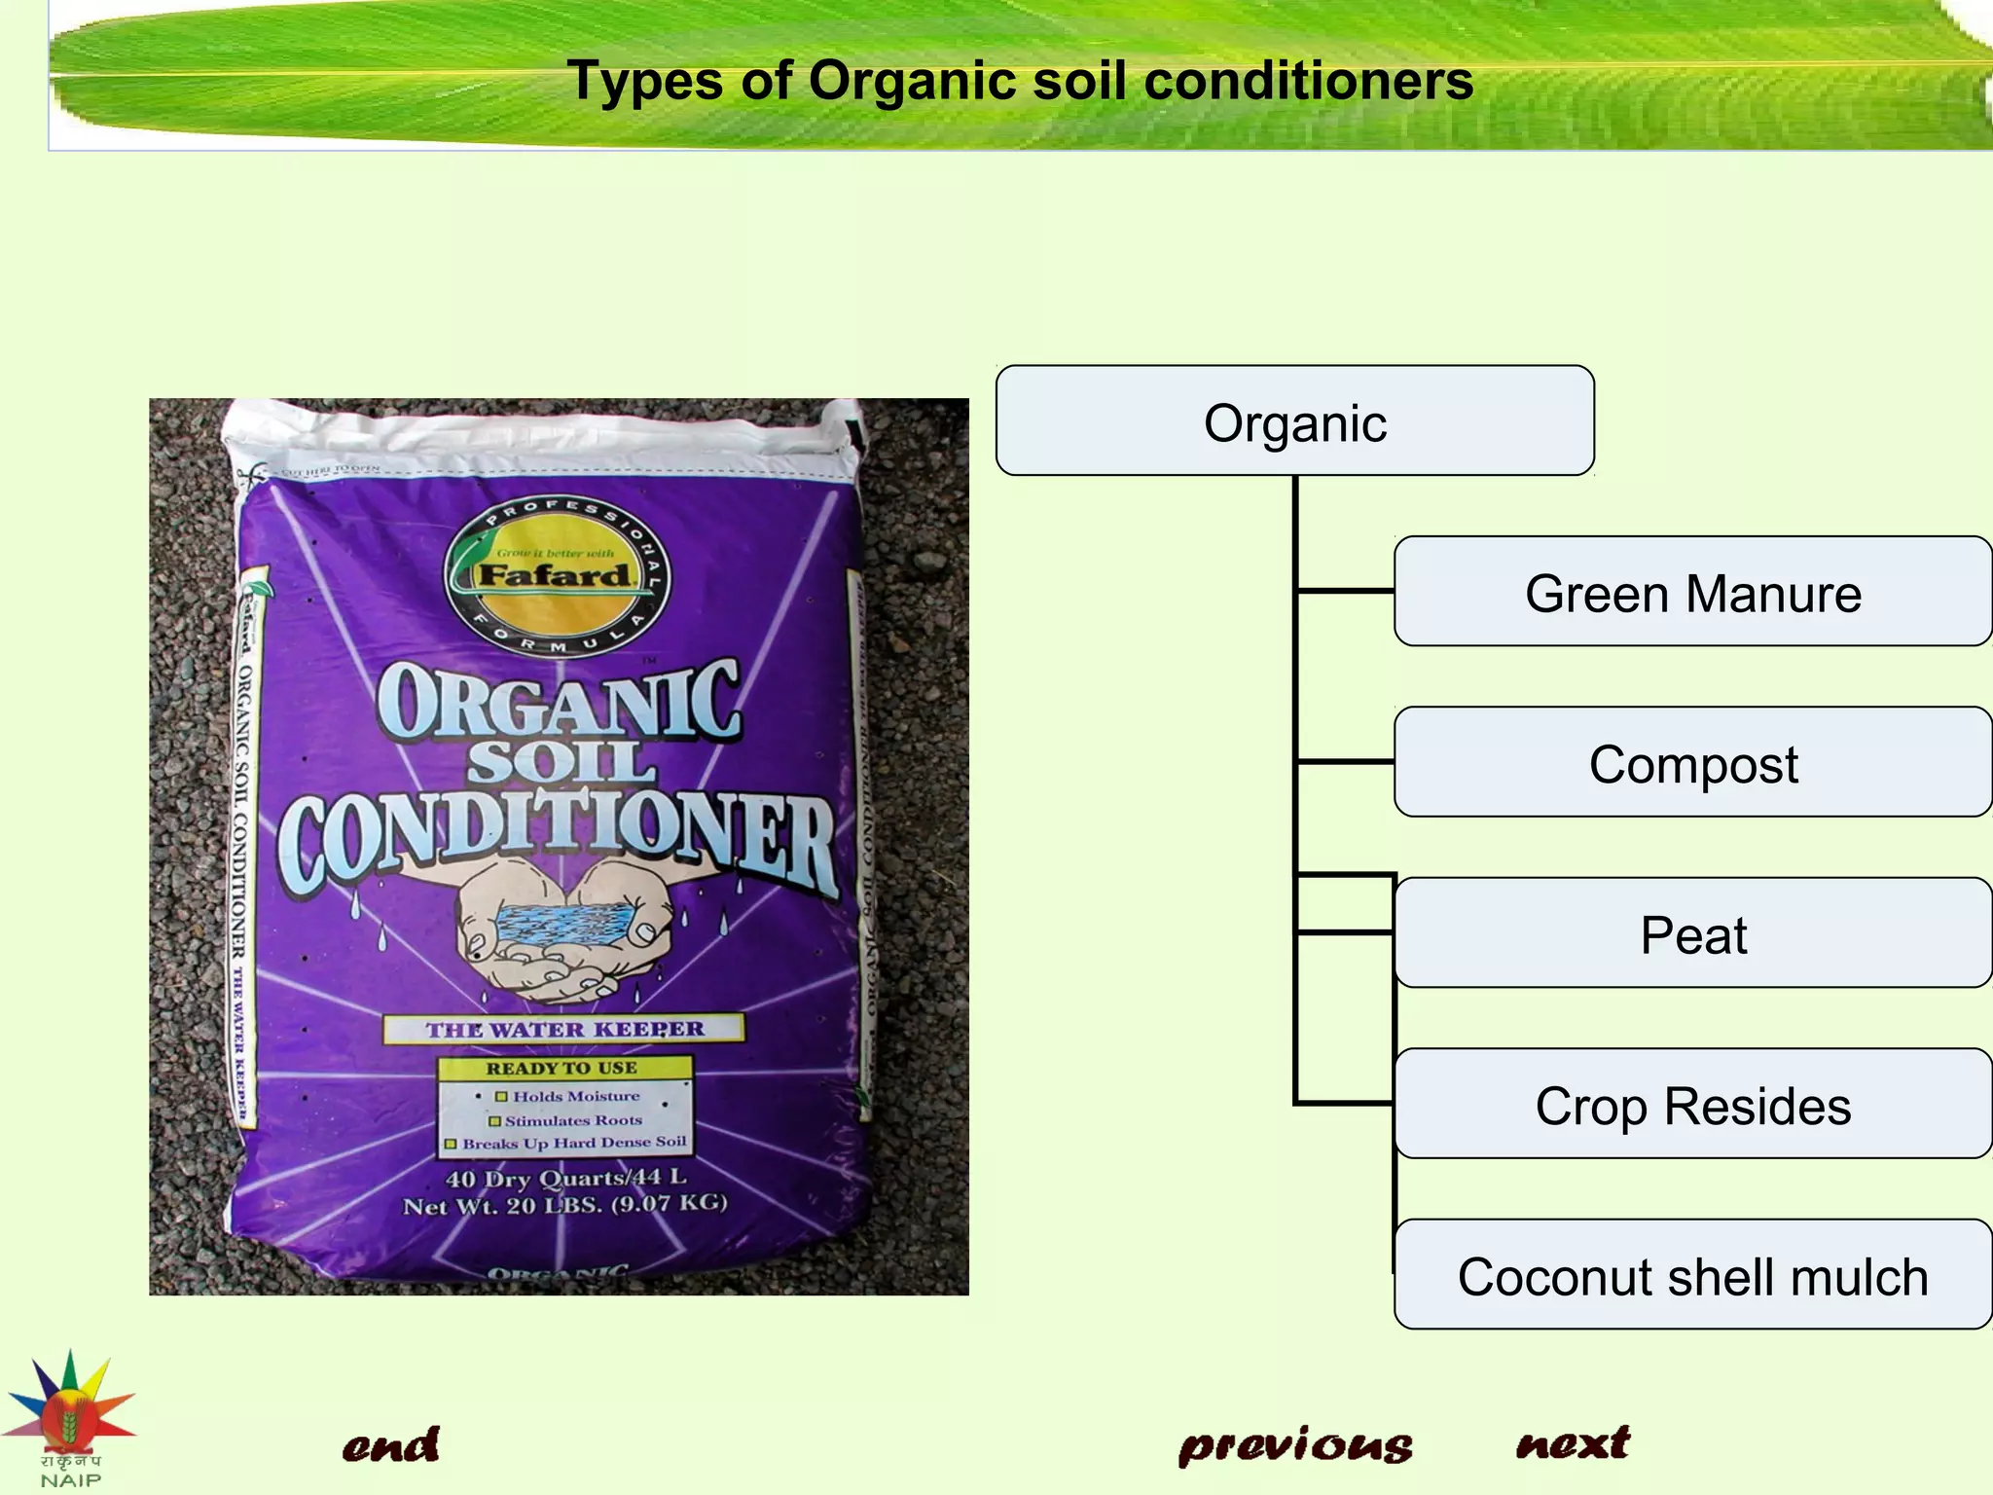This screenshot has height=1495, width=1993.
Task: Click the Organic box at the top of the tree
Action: (1294, 421)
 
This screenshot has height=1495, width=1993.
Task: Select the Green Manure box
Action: (1692, 592)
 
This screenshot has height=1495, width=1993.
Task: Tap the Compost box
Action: (1692, 762)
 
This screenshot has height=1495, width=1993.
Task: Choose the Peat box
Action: (1692, 933)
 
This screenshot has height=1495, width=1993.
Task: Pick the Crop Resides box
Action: (1692, 1104)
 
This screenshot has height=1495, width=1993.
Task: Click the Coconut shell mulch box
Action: (1692, 1275)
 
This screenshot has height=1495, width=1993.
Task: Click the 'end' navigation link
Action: (390, 1445)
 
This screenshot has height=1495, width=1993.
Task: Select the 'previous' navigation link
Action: (1295, 1447)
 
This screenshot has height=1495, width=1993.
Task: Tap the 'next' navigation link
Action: (1573, 1442)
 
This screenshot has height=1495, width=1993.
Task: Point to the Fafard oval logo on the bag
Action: (556, 574)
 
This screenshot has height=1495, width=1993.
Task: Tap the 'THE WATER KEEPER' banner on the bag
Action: (564, 1029)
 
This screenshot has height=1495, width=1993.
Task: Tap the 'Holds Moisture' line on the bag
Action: (575, 1096)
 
